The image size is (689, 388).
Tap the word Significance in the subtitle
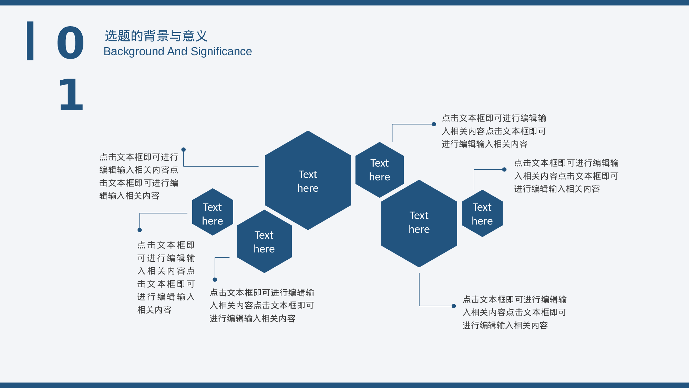pos(221,51)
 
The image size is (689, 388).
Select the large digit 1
pos(71,94)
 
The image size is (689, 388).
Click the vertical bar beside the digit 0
pos(30,41)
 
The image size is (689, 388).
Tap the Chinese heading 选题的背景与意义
pos(156,36)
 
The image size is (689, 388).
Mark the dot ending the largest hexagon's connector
pos(184,150)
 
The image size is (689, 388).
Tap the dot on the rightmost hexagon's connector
pos(504,169)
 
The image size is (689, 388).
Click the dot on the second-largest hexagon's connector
pos(454,306)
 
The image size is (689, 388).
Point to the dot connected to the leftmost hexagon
pos(140,230)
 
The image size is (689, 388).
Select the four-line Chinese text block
pos(139,176)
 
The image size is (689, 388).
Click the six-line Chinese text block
pos(166,277)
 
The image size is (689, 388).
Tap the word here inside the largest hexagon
pos(308,188)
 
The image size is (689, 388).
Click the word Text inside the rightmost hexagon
pos(482,207)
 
